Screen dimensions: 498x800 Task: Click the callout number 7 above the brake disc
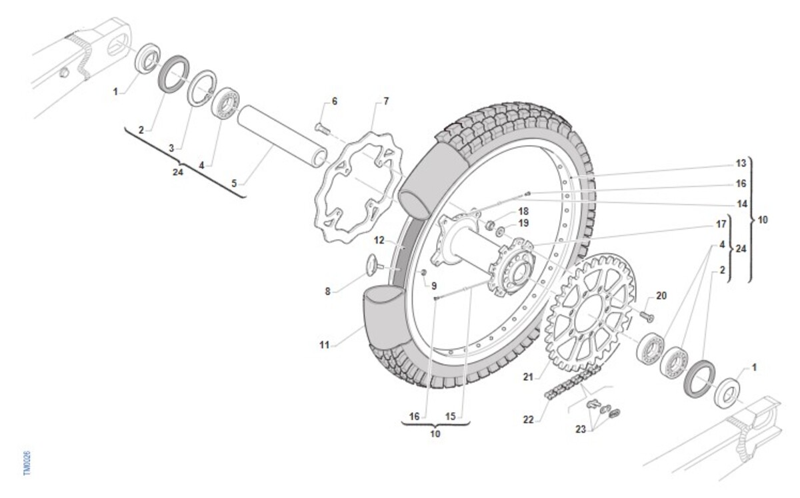coord(385,101)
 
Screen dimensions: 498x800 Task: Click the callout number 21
coord(528,377)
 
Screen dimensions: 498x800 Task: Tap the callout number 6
coord(335,101)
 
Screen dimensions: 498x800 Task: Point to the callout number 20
coord(661,295)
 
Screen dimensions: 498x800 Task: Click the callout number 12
coord(379,240)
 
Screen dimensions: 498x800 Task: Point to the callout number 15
coord(450,416)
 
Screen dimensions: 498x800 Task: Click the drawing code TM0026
coord(26,463)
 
